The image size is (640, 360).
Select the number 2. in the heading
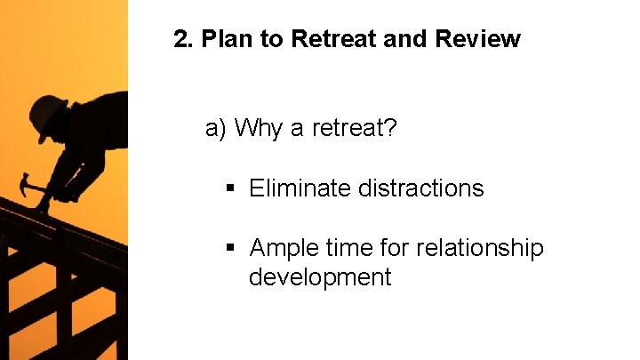pos(183,39)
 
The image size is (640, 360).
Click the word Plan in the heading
pos(226,39)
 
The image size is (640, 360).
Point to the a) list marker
pos(216,129)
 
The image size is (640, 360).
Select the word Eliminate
pos(300,188)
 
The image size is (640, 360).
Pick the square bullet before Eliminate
pos(231,189)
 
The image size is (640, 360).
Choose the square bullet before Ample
pos(231,248)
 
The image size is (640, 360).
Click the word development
pos(319,277)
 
